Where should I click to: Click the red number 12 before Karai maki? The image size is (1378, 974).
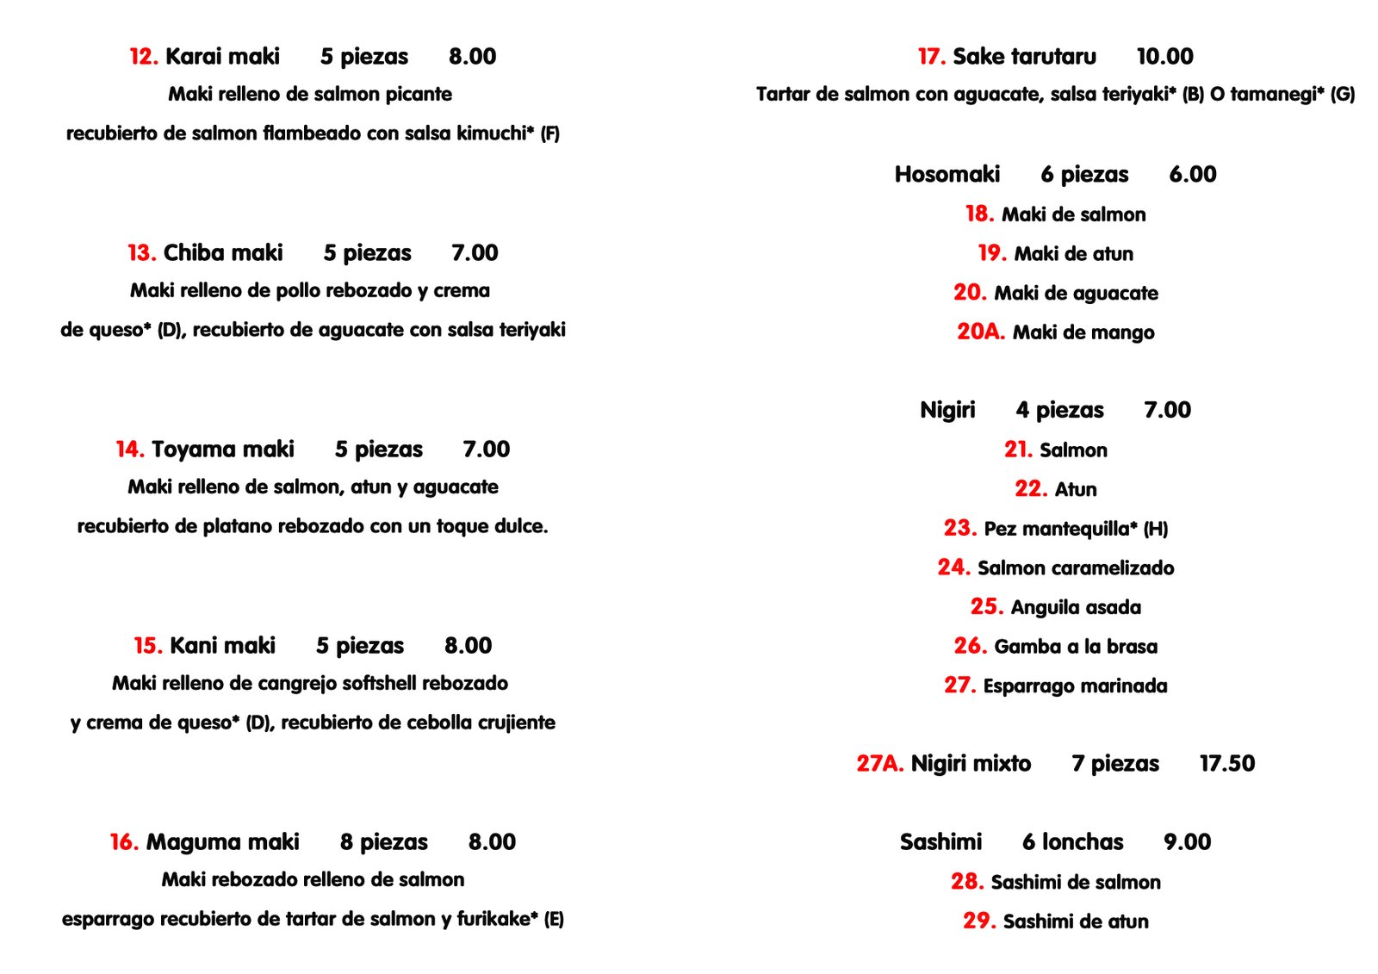pyautogui.click(x=144, y=57)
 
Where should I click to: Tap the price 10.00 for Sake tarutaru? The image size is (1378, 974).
pyautogui.click(x=1164, y=57)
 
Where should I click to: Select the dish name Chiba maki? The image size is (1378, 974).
pyautogui.click(x=223, y=253)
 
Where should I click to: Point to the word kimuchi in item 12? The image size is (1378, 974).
pyautogui.click(x=491, y=133)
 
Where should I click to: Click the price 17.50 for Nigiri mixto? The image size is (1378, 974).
pyautogui.click(x=1226, y=764)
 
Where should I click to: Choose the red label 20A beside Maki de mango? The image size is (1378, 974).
pyautogui.click(x=980, y=332)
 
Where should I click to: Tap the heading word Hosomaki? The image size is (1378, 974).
pyautogui.click(x=947, y=175)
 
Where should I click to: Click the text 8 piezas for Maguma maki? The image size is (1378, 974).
pyautogui.click(x=383, y=842)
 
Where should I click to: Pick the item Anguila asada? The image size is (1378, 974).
pyautogui.click(x=1075, y=608)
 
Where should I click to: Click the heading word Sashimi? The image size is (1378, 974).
pyautogui.click(x=940, y=842)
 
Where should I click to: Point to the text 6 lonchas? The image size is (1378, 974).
pyautogui.click(x=1072, y=842)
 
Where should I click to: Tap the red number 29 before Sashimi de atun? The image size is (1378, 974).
pyautogui.click(x=979, y=921)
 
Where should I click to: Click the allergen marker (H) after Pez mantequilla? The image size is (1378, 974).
pyautogui.click(x=1156, y=530)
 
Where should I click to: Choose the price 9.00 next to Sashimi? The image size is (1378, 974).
pyautogui.click(x=1187, y=842)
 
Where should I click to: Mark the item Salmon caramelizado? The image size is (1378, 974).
pyautogui.click(x=1076, y=568)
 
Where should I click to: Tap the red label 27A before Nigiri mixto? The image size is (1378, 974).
pyautogui.click(x=879, y=764)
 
